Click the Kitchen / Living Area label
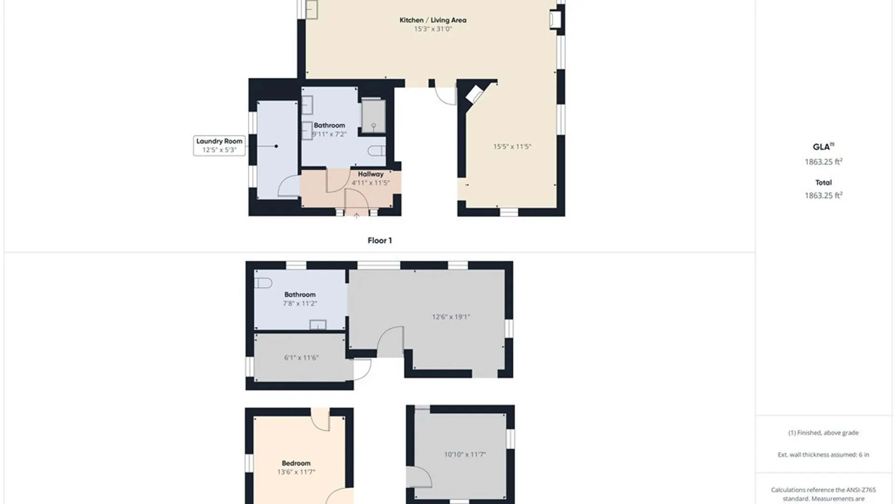(x=433, y=20)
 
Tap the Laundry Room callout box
(x=219, y=146)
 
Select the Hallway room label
(x=371, y=174)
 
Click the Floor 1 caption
(x=379, y=240)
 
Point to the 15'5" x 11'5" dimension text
(x=512, y=147)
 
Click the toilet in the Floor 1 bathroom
(x=377, y=151)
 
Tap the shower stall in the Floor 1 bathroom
(x=373, y=116)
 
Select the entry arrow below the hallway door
(x=357, y=216)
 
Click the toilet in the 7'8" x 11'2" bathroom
(x=263, y=283)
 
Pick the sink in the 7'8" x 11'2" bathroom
(x=318, y=325)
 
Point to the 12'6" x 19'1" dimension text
(x=451, y=317)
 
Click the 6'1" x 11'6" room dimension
(x=301, y=358)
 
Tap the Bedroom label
(x=296, y=463)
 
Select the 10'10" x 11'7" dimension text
(x=465, y=454)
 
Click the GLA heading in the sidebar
(x=821, y=147)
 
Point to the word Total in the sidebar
(x=824, y=182)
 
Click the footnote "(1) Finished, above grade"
(x=823, y=433)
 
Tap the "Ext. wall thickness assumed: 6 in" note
(x=823, y=455)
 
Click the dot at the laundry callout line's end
(x=276, y=146)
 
